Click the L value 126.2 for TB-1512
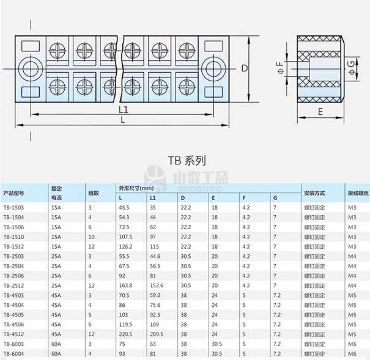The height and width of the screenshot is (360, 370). click(x=126, y=246)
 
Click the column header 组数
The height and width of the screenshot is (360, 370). click(x=94, y=193)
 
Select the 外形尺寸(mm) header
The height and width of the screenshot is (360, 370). click(x=136, y=188)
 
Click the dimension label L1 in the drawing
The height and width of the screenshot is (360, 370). click(x=124, y=109)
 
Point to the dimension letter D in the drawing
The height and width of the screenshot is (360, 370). click(x=244, y=68)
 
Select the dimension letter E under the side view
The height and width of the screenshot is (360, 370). click(x=320, y=112)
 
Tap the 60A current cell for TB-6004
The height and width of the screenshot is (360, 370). click(x=56, y=354)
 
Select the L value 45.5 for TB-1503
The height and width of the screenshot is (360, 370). click(x=124, y=208)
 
